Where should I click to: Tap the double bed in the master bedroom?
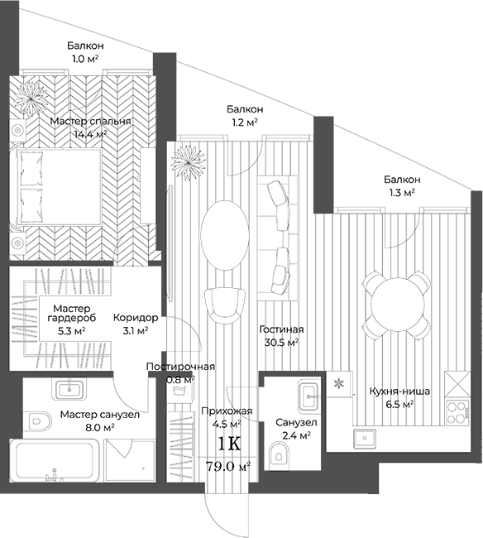(58, 188)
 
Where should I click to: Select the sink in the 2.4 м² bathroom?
(308, 392)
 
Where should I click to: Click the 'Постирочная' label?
(180, 367)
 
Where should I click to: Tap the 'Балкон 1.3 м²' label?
(402, 185)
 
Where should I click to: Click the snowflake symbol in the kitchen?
(338, 383)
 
